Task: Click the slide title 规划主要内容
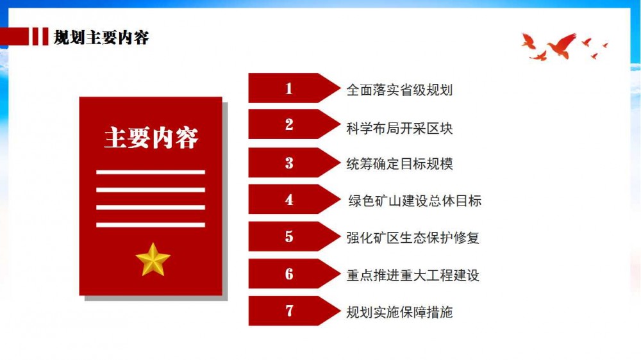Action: point(101,38)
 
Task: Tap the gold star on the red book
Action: point(153,260)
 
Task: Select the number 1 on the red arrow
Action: point(289,88)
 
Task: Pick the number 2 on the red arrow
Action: point(289,125)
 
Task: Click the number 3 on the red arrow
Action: point(289,163)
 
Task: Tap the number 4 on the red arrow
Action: point(289,199)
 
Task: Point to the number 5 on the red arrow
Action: point(289,236)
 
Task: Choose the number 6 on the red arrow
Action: point(289,274)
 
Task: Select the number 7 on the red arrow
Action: point(289,311)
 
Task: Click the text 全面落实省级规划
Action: point(399,90)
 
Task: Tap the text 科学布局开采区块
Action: point(399,128)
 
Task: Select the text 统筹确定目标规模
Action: point(399,164)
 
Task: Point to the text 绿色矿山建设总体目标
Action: point(415,200)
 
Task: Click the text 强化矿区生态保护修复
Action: point(413,238)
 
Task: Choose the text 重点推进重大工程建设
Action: point(413,275)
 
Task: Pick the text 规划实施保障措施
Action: point(399,312)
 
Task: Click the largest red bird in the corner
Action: point(562,45)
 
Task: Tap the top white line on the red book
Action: point(151,172)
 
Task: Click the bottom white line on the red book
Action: point(151,225)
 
